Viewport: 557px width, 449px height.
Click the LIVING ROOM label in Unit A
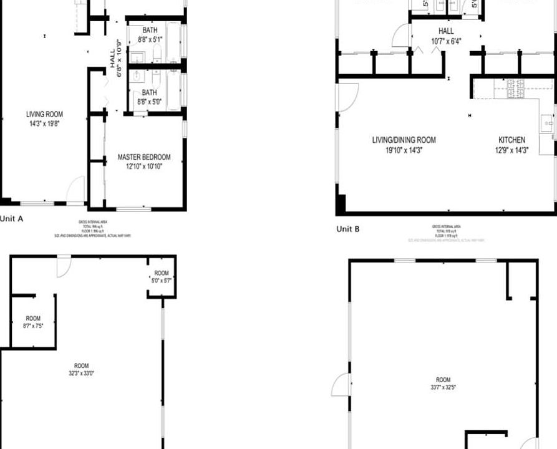pyautogui.click(x=44, y=114)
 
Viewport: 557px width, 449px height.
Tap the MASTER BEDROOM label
pyautogui.click(x=143, y=157)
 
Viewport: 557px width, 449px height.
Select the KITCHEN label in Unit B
pyautogui.click(x=511, y=140)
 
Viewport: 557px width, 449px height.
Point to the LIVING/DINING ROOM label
pyautogui.click(x=404, y=140)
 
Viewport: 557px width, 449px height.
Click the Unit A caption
pyautogui.click(x=12, y=219)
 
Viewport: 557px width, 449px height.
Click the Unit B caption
pyautogui.click(x=347, y=229)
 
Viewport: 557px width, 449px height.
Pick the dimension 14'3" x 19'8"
pyautogui.click(x=44, y=123)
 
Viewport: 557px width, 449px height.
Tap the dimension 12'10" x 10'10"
pyautogui.click(x=143, y=167)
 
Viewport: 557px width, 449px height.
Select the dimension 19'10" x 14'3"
pyautogui.click(x=404, y=150)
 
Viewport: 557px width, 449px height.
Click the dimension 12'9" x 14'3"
pyautogui.click(x=511, y=150)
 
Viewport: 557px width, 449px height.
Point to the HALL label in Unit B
pyautogui.click(x=446, y=31)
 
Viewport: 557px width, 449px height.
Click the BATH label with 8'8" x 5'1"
pyautogui.click(x=150, y=30)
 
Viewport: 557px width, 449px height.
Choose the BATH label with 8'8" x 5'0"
pyautogui.click(x=149, y=92)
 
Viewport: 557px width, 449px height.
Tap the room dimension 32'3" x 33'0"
pyautogui.click(x=81, y=374)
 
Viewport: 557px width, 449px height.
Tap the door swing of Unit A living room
pyautogui.click(x=76, y=189)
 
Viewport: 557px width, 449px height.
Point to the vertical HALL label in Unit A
pyautogui.click(x=117, y=63)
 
